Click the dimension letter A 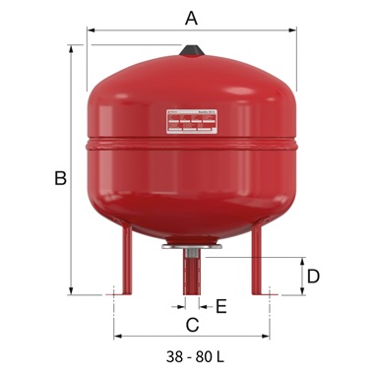(x=191, y=17)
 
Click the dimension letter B (x=60, y=178)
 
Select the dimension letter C (x=192, y=324)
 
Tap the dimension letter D (x=313, y=276)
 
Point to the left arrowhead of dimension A (x=92, y=30)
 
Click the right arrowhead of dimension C (x=269, y=335)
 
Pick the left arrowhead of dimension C (x=117, y=335)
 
